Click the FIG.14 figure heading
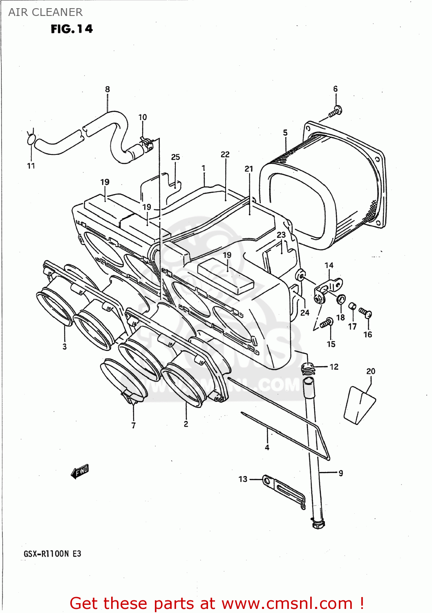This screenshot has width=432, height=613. tap(72, 29)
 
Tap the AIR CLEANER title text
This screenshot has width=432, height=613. tap(45, 12)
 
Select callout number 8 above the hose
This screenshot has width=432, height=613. tap(107, 89)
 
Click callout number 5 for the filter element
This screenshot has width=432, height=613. tap(285, 133)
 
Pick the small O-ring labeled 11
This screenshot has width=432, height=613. tap(31, 140)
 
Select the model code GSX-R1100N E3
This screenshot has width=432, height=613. tap(52, 554)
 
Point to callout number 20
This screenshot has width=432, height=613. tap(371, 371)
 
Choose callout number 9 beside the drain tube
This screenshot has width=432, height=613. tap(340, 473)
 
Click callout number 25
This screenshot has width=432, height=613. tap(175, 157)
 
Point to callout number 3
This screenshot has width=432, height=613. tap(65, 347)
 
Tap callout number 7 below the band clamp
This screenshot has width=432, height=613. tap(134, 425)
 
